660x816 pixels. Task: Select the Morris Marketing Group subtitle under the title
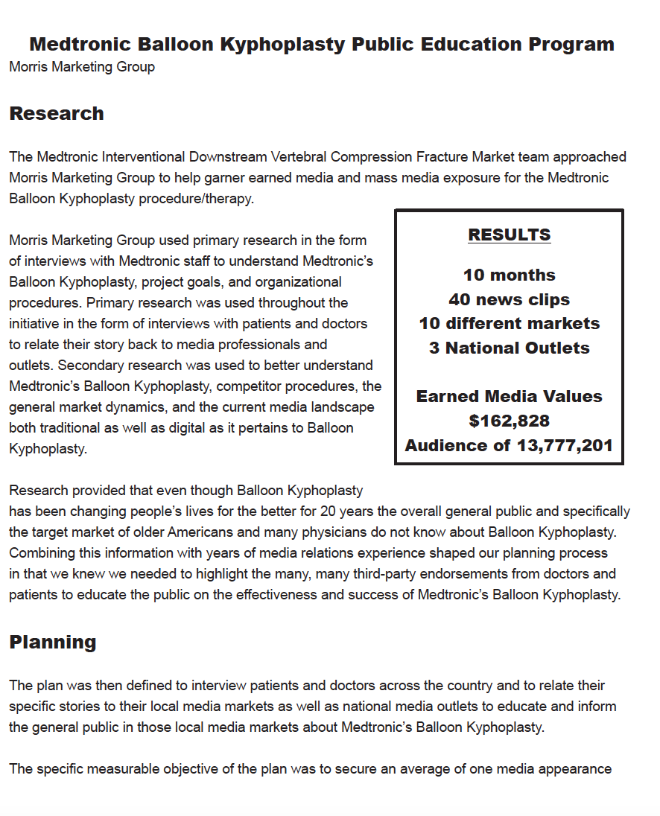pyautogui.click(x=82, y=67)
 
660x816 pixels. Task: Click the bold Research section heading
pyautogui.click(x=57, y=114)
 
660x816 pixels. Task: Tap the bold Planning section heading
pyautogui.click(x=53, y=643)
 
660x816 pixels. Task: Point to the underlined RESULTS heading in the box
pyautogui.click(x=510, y=235)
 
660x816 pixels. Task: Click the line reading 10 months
pyautogui.click(x=510, y=275)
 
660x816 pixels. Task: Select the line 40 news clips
pyautogui.click(x=510, y=299)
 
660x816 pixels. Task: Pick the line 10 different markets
pyautogui.click(x=510, y=324)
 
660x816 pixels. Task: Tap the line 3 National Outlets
pyautogui.click(x=510, y=348)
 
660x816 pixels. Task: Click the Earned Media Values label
pyautogui.click(x=510, y=396)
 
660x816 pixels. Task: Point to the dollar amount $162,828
pyautogui.click(x=510, y=421)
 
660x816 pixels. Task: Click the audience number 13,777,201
pyautogui.click(x=565, y=445)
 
